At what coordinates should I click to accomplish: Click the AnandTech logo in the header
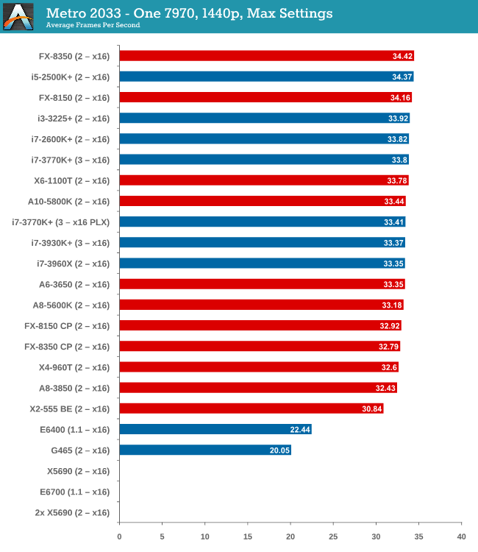[x=18, y=16]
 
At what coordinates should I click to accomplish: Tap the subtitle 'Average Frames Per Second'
[x=93, y=25]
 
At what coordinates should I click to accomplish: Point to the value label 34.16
[x=399, y=97]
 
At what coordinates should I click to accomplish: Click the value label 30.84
[x=370, y=408]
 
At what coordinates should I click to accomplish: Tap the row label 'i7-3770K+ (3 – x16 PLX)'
[x=61, y=222]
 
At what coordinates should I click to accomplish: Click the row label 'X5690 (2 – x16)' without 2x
[x=78, y=471]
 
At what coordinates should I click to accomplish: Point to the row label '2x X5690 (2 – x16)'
[x=72, y=512]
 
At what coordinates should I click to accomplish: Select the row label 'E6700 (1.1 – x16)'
[x=74, y=492]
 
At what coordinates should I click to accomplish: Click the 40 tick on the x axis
[x=461, y=537]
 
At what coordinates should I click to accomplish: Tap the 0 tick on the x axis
[x=119, y=537]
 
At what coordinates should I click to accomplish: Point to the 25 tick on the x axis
[x=333, y=537]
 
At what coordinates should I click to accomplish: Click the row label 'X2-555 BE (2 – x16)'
[x=71, y=408]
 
